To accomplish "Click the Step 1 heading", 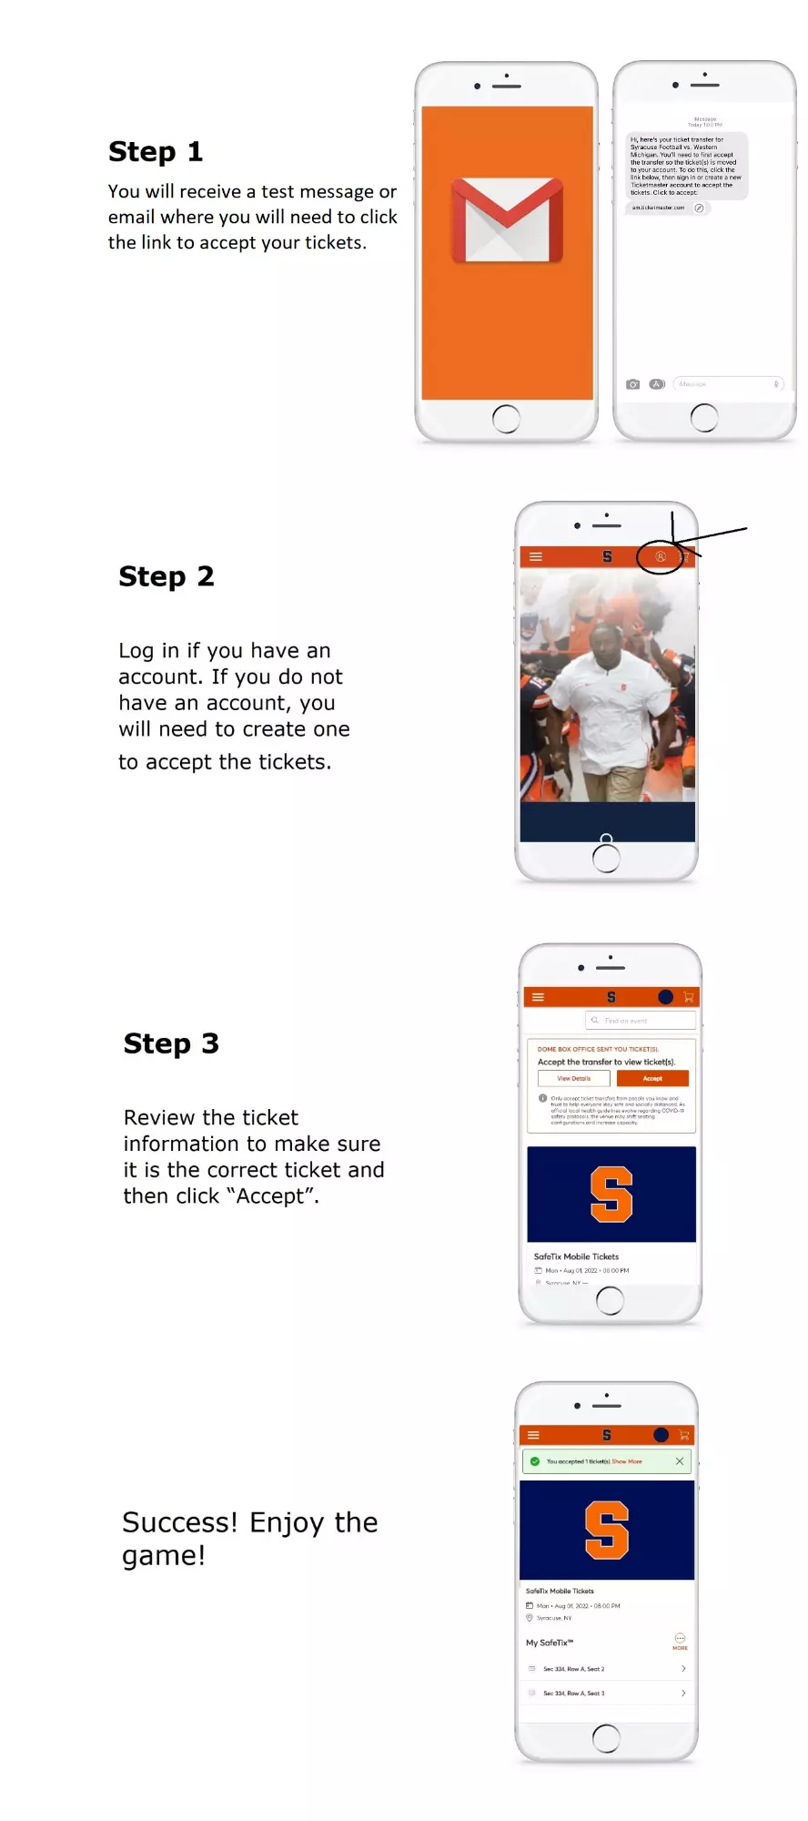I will [156, 151].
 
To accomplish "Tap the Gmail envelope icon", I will [507, 219].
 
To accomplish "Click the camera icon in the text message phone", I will [632, 384].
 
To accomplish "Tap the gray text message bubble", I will [686, 166].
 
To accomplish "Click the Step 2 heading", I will [167, 576].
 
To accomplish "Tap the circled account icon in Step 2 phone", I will [661, 556].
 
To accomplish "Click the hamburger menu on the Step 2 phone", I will [536, 556].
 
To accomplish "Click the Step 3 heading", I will [171, 1043].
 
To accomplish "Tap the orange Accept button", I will [652, 1078].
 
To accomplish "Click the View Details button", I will [574, 1078].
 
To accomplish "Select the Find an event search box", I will [641, 1021].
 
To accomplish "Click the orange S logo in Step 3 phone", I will [611, 1194].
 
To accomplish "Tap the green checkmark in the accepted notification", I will [535, 1461].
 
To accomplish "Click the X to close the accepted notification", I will [679, 1461].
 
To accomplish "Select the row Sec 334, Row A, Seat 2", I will [606, 1669].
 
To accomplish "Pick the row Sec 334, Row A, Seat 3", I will [606, 1694].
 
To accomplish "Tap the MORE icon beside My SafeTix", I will [680, 1641].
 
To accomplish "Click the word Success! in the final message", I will [179, 1522].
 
